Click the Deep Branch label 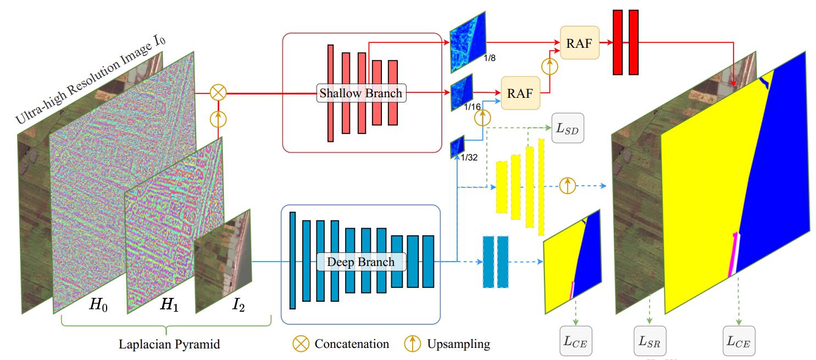[x=360, y=262]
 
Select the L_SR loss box [x=650, y=341]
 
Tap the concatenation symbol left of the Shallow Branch [x=218, y=92]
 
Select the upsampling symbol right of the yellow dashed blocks [x=567, y=186]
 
